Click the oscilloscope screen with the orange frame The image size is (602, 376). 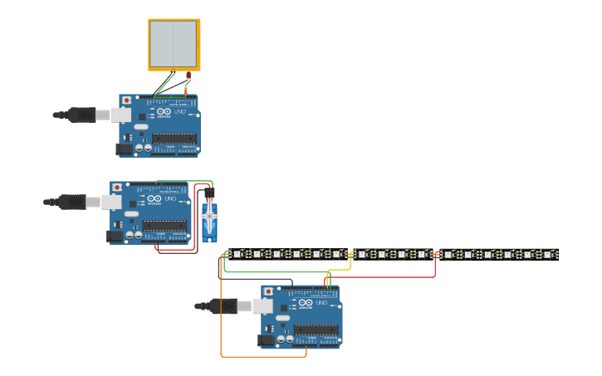point(174,44)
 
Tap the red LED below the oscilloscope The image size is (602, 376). point(188,76)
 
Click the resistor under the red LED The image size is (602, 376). point(186,89)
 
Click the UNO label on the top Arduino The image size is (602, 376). point(180,112)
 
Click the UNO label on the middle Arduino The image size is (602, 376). point(171,199)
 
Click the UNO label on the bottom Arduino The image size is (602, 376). point(321,303)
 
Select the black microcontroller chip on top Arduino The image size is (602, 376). point(174,139)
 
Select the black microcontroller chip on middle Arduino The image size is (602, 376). point(164,226)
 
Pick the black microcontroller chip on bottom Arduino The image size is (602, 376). point(316,330)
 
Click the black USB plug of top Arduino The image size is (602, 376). point(81,115)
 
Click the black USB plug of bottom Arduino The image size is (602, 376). point(223,306)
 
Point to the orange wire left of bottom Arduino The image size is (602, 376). point(221,315)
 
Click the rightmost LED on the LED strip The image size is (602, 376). point(548,254)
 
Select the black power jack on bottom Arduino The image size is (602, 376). point(266,339)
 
